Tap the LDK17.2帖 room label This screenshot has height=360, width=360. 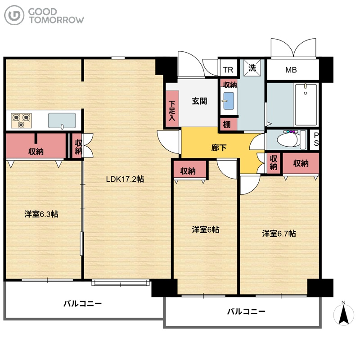(125, 179)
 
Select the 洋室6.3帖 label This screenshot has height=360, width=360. (41, 214)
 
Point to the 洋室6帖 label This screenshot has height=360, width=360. (206, 229)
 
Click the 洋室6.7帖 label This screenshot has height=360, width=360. (279, 234)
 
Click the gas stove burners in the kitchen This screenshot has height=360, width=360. (21, 121)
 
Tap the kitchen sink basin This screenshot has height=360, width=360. (62, 121)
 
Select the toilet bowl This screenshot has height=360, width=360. (292, 139)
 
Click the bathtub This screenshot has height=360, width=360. (306, 105)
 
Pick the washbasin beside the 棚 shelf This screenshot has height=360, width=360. (229, 101)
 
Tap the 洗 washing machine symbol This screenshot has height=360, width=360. (252, 68)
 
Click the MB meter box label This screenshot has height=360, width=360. (291, 70)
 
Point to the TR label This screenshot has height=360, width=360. (228, 70)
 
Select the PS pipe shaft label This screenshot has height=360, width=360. (316, 139)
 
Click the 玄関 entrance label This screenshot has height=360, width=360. (199, 101)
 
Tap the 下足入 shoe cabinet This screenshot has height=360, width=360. (172, 108)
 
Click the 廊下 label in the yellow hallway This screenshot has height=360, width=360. (219, 148)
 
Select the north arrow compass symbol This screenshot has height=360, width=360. (343, 314)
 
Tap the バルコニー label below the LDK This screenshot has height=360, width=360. (83, 304)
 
